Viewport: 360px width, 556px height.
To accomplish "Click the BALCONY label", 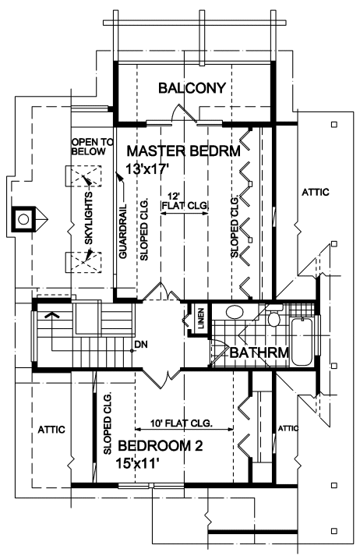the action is (x=192, y=87).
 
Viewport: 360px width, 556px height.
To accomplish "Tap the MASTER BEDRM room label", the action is (x=184, y=151).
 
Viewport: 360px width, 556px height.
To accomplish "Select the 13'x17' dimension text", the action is (x=146, y=168).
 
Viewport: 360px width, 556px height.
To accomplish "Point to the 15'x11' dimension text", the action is (x=137, y=463).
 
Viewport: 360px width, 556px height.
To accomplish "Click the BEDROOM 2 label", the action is (x=161, y=446).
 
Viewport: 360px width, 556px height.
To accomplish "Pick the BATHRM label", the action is (x=259, y=352).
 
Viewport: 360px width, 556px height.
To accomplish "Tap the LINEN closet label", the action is (x=201, y=318).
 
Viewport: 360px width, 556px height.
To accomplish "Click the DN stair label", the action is (x=141, y=344).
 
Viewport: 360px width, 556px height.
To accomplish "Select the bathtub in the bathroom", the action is (x=302, y=342).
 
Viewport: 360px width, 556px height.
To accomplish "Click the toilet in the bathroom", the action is (x=274, y=317).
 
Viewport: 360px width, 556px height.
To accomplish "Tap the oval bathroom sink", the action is (x=235, y=312).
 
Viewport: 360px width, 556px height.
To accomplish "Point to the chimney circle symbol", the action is (x=23, y=219).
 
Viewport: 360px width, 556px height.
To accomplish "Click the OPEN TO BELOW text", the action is (x=93, y=147).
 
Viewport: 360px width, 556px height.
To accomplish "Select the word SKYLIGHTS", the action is (x=89, y=218).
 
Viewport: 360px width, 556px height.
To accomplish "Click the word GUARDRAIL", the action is (x=122, y=231).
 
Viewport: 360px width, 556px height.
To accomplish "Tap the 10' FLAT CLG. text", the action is (x=182, y=423).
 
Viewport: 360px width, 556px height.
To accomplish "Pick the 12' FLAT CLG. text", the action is (x=185, y=201).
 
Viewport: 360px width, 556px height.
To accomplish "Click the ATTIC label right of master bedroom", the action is (x=316, y=192).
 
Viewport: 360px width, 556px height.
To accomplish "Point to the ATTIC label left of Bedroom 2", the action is (x=51, y=430).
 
